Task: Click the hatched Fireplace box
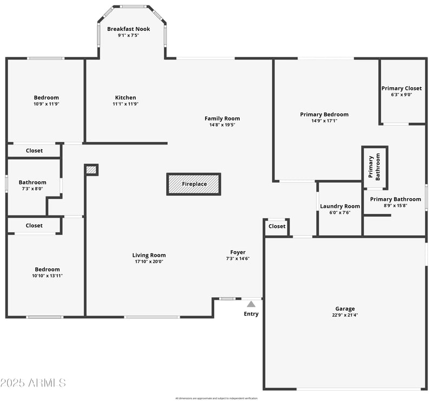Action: click(x=194, y=184)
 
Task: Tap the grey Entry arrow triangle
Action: click(x=251, y=304)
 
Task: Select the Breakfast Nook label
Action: click(x=128, y=29)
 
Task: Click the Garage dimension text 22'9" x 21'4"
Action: click(x=345, y=315)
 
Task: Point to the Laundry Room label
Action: click(x=340, y=206)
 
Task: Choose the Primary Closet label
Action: click(x=402, y=88)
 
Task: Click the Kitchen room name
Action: click(x=125, y=98)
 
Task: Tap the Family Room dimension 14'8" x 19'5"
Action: click(x=222, y=124)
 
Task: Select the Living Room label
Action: click(x=149, y=255)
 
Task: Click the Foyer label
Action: click(x=238, y=252)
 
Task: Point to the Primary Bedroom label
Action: click(x=324, y=114)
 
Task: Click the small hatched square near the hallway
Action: click(x=91, y=170)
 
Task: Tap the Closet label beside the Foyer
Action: click(x=277, y=226)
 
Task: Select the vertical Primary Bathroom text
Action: click(x=375, y=167)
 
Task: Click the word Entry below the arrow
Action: click(x=251, y=314)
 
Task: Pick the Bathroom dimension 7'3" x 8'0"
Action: click(x=32, y=189)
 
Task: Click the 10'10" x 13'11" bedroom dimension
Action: click(x=48, y=275)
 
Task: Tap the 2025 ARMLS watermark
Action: click(x=34, y=383)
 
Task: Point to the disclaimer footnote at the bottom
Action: click(x=216, y=398)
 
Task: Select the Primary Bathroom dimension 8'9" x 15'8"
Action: click(x=395, y=205)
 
